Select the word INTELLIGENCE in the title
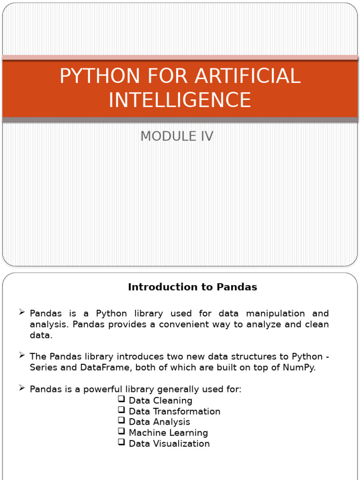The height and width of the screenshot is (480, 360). click(180, 100)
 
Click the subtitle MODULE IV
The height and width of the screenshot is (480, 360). click(177, 136)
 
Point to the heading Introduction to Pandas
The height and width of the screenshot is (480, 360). click(192, 287)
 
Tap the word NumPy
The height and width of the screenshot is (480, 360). click(300, 367)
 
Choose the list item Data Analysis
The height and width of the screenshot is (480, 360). click(159, 422)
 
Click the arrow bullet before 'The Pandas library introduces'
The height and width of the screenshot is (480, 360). click(22, 356)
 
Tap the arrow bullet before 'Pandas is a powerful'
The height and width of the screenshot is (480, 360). click(22, 389)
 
